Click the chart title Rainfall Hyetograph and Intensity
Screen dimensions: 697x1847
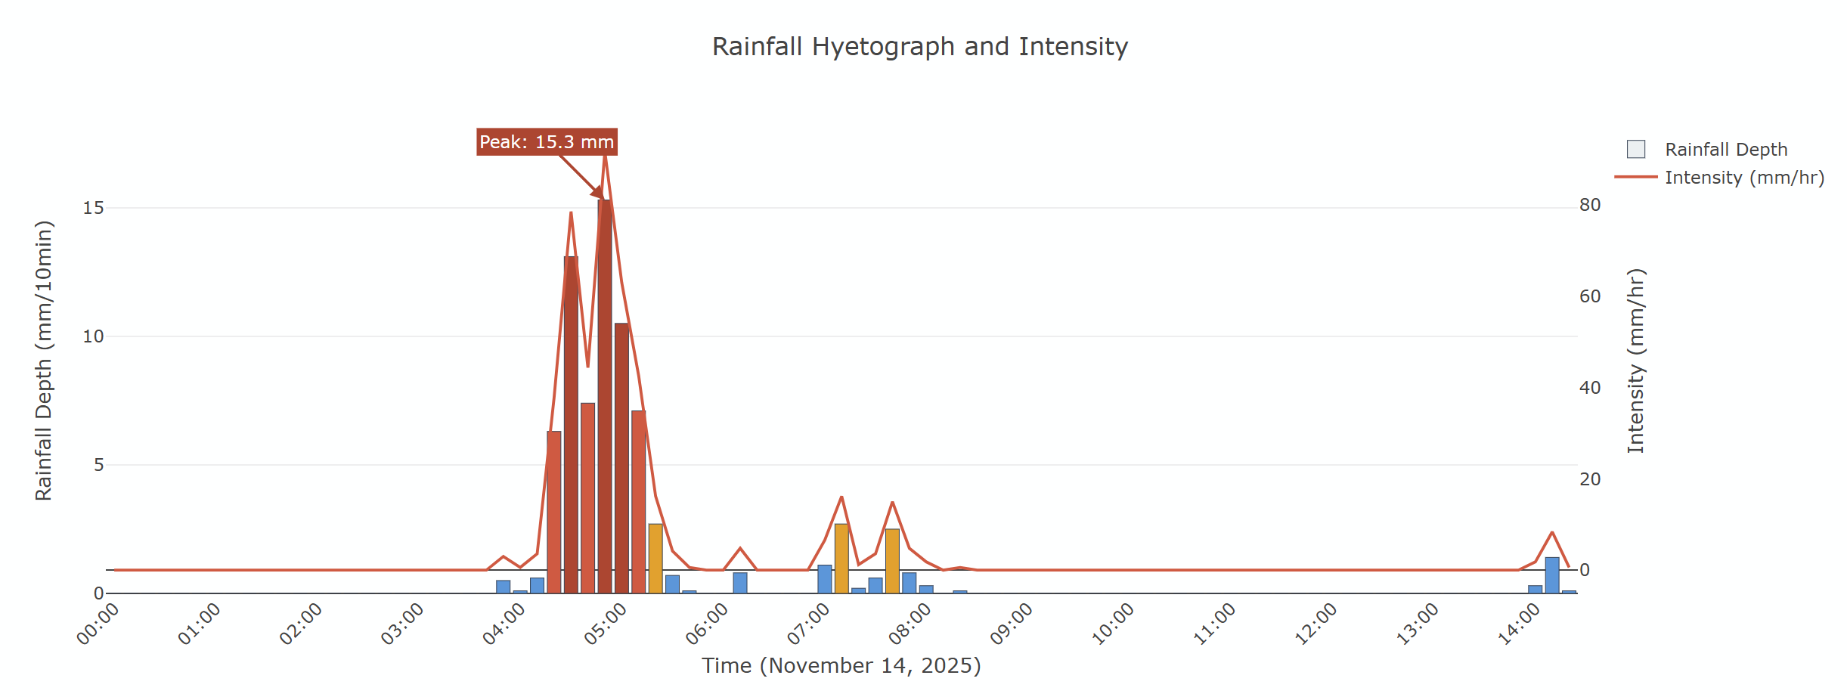(x=919, y=47)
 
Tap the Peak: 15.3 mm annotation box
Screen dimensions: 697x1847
(x=547, y=142)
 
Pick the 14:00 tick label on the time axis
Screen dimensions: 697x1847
(x=1520, y=624)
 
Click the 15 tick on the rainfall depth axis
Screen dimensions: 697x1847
(x=93, y=208)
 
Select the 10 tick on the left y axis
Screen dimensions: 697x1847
(x=93, y=336)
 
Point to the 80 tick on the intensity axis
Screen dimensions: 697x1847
(x=1590, y=205)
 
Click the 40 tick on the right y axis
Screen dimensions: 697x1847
(x=1590, y=388)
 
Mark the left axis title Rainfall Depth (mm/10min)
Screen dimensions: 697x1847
(x=44, y=361)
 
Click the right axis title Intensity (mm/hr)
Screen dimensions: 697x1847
(x=1635, y=361)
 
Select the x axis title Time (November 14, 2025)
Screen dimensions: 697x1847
(x=841, y=665)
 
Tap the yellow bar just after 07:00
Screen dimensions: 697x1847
(x=841, y=559)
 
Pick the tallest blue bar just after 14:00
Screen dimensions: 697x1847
(x=1552, y=576)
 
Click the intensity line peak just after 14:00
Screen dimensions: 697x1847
(x=1552, y=533)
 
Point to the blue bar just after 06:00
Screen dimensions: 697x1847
(x=740, y=584)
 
